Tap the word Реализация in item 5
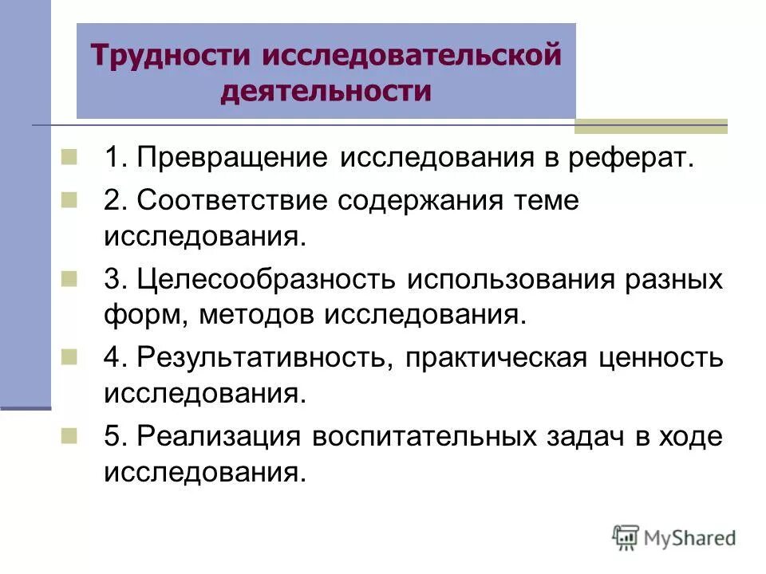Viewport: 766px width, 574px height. (x=216, y=437)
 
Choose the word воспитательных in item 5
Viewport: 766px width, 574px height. (x=424, y=437)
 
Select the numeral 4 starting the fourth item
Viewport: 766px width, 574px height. (x=111, y=358)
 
